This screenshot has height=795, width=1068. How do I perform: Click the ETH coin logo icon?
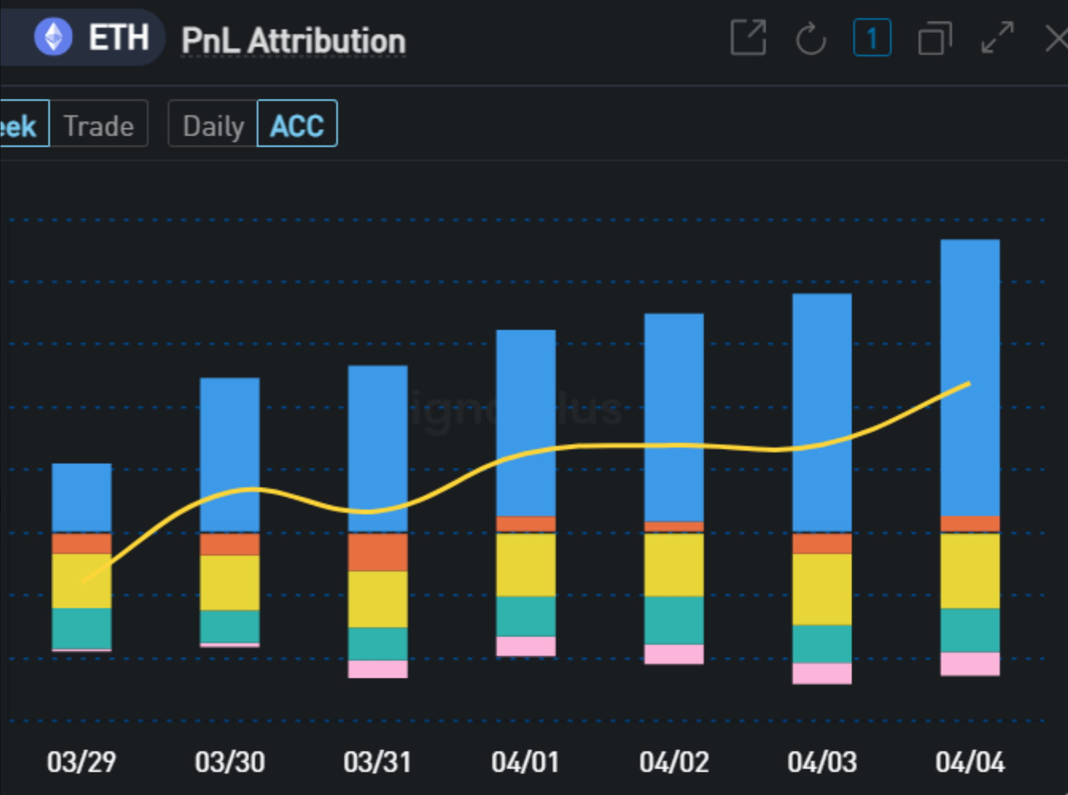(x=53, y=37)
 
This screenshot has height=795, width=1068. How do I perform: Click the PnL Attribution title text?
(x=293, y=41)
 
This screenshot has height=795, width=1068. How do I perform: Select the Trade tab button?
(x=99, y=125)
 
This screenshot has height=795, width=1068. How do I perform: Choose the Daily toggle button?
(x=213, y=125)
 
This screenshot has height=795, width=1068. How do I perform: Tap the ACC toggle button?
(x=297, y=125)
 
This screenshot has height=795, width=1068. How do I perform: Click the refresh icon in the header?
(x=811, y=39)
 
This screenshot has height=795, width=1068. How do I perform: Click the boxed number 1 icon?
(x=871, y=38)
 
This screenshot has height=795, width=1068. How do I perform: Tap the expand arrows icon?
(x=997, y=38)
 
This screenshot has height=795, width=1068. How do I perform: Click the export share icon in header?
(x=748, y=38)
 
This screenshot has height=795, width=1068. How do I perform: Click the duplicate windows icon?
(x=934, y=39)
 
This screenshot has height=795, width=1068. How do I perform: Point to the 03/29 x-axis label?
(x=81, y=762)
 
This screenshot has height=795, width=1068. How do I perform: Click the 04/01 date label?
(x=526, y=762)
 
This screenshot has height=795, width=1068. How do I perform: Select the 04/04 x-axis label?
(x=970, y=762)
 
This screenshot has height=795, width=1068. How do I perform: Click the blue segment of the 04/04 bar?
(x=970, y=314)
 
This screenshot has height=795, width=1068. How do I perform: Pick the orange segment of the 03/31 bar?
(x=377, y=552)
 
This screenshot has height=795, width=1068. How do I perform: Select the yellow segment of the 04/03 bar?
(x=821, y=589)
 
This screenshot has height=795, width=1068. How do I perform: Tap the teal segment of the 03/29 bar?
(x=81, y=628)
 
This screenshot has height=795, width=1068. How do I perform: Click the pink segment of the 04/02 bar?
(x=674, y=654)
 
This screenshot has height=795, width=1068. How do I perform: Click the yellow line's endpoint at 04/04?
(x=969, y=384)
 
